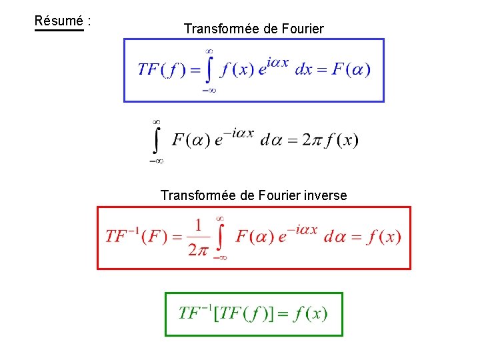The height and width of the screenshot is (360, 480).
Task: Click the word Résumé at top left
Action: [59, 21]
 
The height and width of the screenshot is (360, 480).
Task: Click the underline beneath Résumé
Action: [59, 30]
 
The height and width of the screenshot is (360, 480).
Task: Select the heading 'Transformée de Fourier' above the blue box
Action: [253, 29]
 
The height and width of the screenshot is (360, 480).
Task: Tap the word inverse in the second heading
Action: [325, 195]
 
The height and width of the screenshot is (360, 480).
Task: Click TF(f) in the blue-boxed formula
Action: [161, 69]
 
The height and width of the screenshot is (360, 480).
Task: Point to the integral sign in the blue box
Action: [209, 70]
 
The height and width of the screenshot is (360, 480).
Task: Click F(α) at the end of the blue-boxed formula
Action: [349, 69]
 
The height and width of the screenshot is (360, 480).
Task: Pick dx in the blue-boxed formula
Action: [303, 69]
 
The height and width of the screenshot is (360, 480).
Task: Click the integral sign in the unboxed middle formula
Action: [157, 141]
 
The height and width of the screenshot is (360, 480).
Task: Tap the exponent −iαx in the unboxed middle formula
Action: [239, 133]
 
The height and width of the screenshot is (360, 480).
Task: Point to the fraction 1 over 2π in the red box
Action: [197, 237]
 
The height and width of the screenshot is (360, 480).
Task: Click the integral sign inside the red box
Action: [220, 238]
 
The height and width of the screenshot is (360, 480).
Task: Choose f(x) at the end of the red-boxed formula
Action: [383, 237]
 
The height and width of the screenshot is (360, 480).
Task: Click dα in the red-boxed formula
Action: [336, 237]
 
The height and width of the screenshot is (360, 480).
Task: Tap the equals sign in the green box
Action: [283, 314]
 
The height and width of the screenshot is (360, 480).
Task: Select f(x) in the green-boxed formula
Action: [310, 313]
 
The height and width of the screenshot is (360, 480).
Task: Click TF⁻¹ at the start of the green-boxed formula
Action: [195, 313]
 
